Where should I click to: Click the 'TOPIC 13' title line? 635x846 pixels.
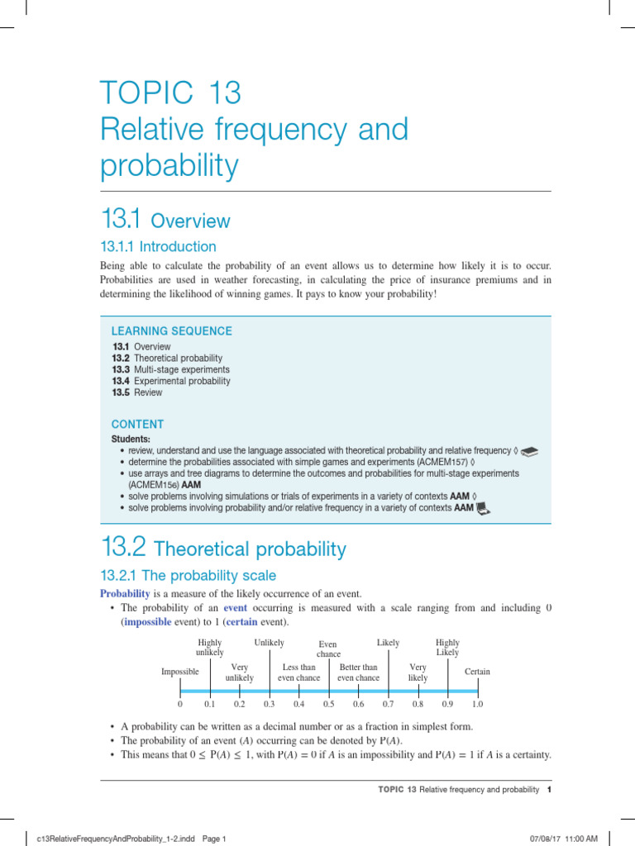(170, 93)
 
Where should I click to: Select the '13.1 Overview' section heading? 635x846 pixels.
(165, 221)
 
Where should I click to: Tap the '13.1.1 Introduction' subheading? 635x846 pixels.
(158, 246)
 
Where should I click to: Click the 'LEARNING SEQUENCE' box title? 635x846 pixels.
(172, 331)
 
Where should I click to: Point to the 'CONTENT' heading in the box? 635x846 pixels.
(137, 424)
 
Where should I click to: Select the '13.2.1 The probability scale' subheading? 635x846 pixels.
(188, 575)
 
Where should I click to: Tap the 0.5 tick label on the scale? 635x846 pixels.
(328, 705)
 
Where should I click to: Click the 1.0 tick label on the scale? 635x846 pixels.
(478, 705)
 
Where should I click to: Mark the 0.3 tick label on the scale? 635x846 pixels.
(269, 705)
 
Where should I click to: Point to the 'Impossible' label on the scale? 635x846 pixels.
(180, 672)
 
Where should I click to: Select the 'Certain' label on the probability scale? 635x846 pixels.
(477, 672)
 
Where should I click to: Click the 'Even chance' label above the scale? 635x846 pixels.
(328, 649)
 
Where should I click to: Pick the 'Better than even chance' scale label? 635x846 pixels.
(358, 673)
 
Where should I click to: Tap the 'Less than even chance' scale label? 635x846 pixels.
(298, 673)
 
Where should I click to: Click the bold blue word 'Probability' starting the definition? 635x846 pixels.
(124, 594)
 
